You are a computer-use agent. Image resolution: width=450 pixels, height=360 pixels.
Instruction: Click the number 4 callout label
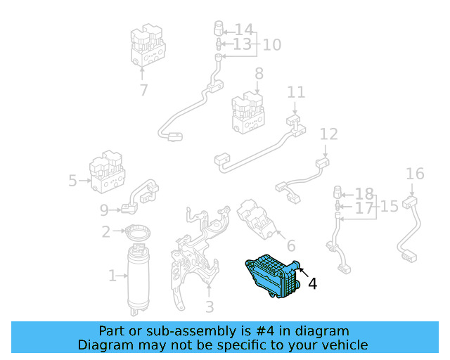click(312, 283)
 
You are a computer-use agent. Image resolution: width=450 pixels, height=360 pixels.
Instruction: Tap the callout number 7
click(143, 90)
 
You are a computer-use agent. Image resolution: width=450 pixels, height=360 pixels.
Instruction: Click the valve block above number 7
click(148, 44)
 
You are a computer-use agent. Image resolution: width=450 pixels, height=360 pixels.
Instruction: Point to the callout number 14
click(243, 30)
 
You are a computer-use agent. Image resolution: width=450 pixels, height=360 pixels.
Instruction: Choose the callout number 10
click(271, 45)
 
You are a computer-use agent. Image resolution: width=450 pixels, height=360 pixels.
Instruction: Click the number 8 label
click(259, 73)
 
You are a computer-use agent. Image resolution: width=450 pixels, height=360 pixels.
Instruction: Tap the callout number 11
click(296, 92)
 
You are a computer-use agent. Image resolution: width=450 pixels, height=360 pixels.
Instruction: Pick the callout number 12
click(328, 134)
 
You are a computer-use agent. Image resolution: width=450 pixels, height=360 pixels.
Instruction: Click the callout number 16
click(415, 174)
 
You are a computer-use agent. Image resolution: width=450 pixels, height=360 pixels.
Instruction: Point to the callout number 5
click(72, 181)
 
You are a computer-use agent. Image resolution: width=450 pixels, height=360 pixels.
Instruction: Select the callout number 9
click(105, 209)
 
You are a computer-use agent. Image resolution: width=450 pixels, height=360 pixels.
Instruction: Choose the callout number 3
click(210, 307)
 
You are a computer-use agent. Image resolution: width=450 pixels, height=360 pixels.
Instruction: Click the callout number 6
click(290, 245)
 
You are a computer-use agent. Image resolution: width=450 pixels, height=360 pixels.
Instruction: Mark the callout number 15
click(390, 207)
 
